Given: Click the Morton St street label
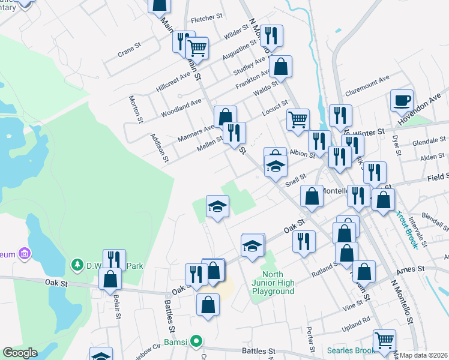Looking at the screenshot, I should pos(136,109).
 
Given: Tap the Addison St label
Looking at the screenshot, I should pos(160,147).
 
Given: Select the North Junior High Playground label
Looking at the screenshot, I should pos(273,283).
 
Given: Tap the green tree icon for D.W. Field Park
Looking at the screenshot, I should pos(77,264).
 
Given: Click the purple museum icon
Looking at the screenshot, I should pos(24,254).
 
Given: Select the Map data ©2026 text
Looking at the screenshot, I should pos(424,355).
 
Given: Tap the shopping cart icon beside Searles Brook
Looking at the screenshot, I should pos(384,340).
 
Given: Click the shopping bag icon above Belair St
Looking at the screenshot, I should pos(110,278).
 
